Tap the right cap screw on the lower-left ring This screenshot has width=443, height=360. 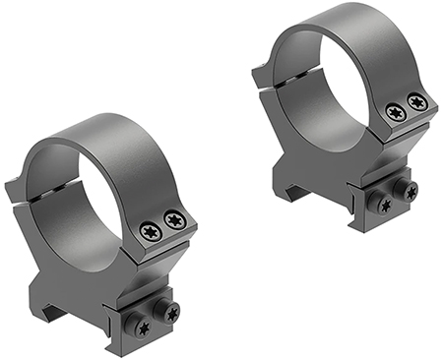[x=176, y=221]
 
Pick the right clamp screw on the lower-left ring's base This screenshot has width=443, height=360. [x=173, y=313]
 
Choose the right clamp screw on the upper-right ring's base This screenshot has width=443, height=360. [x=410, y=189]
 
